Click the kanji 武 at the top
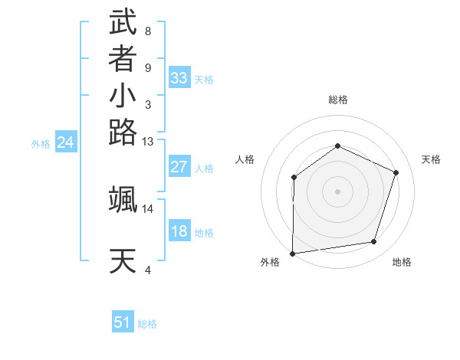coord(123,23)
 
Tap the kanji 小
coord(123,97)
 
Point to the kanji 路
coord(123,133)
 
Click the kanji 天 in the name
coord(123,262)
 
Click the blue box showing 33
coord(179,78)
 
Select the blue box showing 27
coord(179,167)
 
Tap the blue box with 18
coord(179,231)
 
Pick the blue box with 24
coord(66,142)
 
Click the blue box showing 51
coord(123,322)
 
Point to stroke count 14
coord(148,208)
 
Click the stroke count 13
coord(148,141)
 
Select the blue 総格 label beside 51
coord(147,324)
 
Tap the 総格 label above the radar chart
coord(337,100)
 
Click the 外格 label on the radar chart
coord(270,263)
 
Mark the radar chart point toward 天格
coord(396,172)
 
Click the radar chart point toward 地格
coord(374,242)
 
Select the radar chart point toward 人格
coord(294,178)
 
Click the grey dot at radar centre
coord(337,191)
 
